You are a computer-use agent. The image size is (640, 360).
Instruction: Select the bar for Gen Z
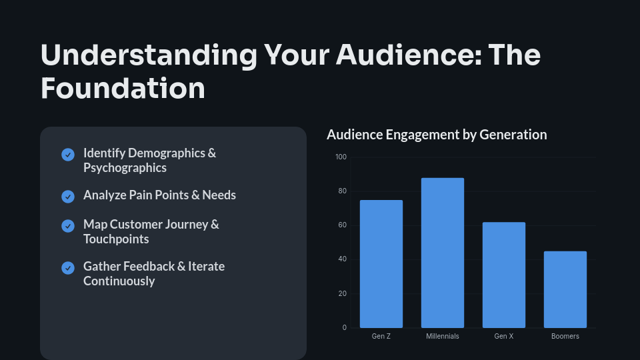(x=381, y=263)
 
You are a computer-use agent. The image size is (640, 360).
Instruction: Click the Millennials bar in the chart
(x=443, y=253)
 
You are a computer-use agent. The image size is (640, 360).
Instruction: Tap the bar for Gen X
(x=504, y=275)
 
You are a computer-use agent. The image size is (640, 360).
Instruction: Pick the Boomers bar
(x=565, y=289)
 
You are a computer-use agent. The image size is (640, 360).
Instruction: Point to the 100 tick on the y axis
(x=341, y=157)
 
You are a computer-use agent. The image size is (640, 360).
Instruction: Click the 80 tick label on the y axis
(x=342, y=191)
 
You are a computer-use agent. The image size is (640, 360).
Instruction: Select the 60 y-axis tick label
(x=342, y=225)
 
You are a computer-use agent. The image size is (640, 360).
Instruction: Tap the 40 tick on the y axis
(x=342, y=259)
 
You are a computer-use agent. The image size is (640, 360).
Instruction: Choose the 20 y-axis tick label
(x=342, y=293)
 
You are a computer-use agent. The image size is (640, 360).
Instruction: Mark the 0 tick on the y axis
(x=344, y=327)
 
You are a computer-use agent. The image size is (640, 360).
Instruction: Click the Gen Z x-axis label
(x=381, y=337)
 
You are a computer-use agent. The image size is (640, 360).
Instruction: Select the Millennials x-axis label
(x=443, y=337)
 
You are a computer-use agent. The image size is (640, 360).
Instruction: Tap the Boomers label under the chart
(x=565, y=337)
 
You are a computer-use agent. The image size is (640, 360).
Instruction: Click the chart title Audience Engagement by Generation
(x=437, y=135)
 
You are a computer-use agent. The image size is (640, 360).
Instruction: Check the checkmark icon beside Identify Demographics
(x=68, y=155)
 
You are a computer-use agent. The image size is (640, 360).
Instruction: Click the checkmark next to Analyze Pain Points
(x=68, y=197)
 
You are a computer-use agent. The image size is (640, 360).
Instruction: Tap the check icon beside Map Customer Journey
(x=68, y=226)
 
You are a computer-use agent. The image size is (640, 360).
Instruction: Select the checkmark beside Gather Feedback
(x=68, y=268)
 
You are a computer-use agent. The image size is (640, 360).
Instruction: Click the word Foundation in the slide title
(x=123, y=89)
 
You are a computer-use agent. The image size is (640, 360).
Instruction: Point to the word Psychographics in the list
(x=125, y=168)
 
